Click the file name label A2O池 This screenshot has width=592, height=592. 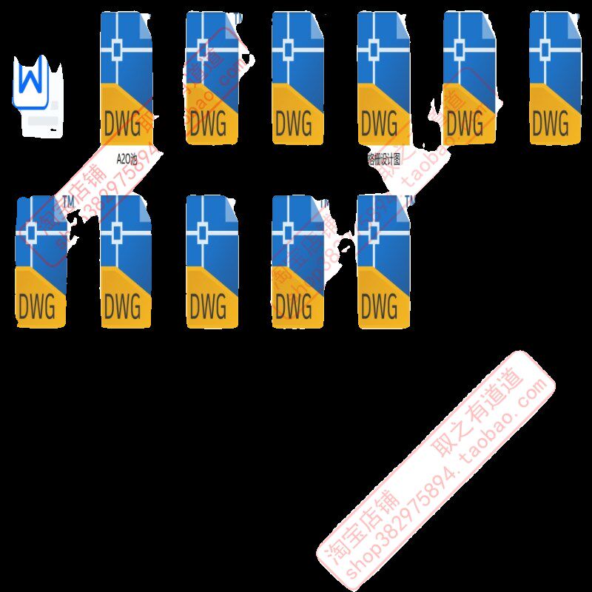(x=127, y=158)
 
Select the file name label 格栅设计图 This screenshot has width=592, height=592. (x=383, y=158)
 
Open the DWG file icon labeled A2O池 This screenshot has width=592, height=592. (x=127, y=78)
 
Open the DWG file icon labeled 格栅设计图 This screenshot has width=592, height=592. (x=383, y=78)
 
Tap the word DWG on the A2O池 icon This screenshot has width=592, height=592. (x=123, y=123)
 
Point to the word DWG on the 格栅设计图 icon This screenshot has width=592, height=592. (x=380, y=123)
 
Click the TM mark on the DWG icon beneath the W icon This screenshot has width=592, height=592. (x=67, y=201)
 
